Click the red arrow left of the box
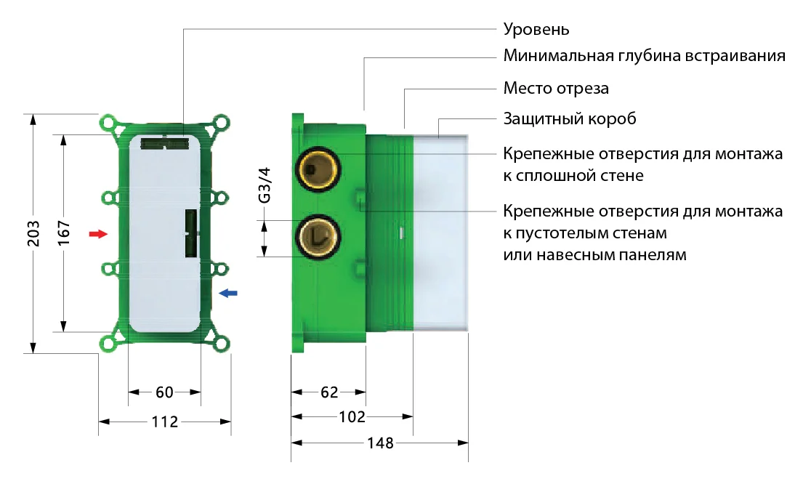(97, 234)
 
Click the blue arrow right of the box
(228, 293)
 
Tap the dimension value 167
(63, 234)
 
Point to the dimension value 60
(165, 393)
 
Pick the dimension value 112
(165, 422)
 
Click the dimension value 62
(329, 393)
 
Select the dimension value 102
(352, 417)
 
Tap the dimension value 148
(379, 443)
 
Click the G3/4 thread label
(265, 185)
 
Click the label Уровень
(536, 30)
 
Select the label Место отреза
(556, 89)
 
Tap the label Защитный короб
(570, 118)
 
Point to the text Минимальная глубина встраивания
(644, 57)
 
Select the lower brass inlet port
(317, 236)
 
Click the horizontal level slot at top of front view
(164, 142)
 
